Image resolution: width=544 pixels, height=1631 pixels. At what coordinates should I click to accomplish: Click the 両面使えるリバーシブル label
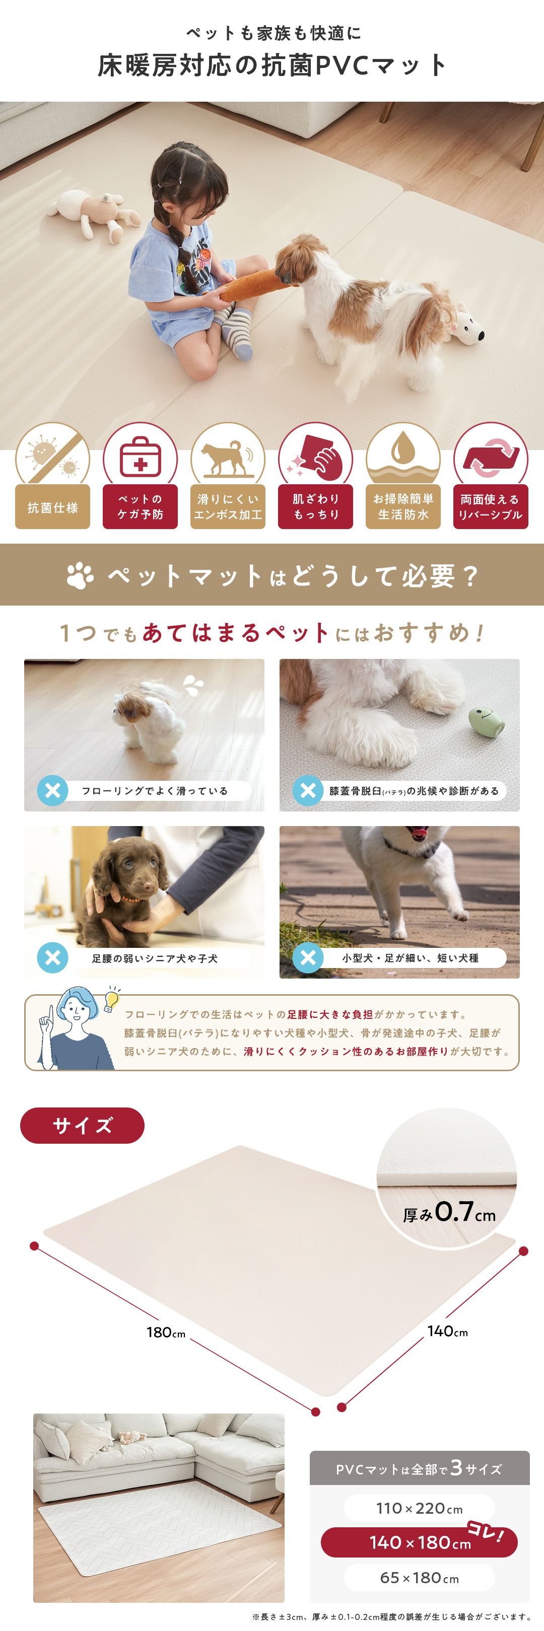pos(491,507)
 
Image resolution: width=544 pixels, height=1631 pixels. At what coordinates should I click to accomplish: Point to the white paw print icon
pos(81,575)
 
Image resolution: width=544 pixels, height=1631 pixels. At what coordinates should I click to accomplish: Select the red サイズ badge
pos(82,1125)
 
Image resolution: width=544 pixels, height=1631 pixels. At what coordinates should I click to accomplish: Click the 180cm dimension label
pos(166,1332)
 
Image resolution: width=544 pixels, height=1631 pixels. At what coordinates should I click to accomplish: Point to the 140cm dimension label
pos(448,1331)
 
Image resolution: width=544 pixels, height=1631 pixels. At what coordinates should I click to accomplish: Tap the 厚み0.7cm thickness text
pos(449,1212)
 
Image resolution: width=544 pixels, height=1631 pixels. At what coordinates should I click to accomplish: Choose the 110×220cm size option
pos(419,1508)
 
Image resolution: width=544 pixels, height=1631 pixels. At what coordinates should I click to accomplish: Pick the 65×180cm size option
pos(419,1577)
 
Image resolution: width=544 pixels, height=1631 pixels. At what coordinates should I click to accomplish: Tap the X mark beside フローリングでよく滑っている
pos(52,790)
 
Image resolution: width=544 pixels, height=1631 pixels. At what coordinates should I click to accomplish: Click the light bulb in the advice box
pos(112,999)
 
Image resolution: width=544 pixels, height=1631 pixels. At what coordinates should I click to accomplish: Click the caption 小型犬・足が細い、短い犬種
pos(411,958)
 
